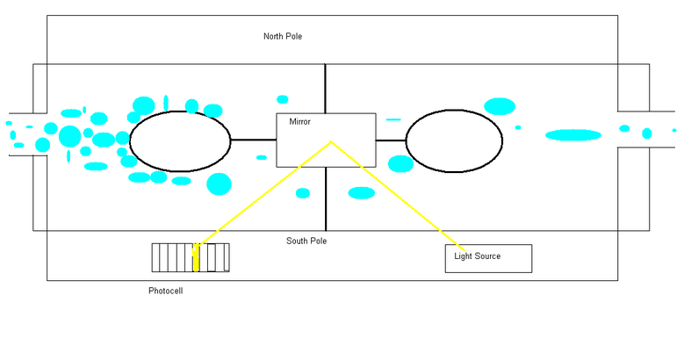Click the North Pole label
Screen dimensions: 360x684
pyautogui.click(x=283, y=36)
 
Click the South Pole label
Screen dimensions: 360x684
pyautogui.click(x=306, y=241)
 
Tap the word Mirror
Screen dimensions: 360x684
pyautogui.click(x=300, y=122)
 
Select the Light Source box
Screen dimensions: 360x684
pyautogui.click(x=488, y=258)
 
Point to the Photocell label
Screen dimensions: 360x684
pyautogui.click(x=166, y=291)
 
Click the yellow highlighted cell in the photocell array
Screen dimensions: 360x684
pyautogui.click(x=196, y=258)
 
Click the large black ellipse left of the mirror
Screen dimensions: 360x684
pyautogui.click(x=180, y=140)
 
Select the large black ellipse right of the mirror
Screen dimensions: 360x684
pyautogui.click(x=454, y=140)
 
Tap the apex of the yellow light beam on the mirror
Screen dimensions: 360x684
pyautogui.click(x=331, y=142)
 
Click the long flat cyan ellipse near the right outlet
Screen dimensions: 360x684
pyautogui.click(x=573, y=135)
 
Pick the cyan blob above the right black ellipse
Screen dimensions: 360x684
pyautogui.click(x=500, y=106)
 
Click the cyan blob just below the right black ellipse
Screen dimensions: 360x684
pyautogui.click(x=400, y=164)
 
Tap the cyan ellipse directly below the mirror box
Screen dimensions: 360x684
pyautogui.click(x=361, y=193)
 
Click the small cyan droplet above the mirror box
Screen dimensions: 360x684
pyautogui.click(x=282, y=99)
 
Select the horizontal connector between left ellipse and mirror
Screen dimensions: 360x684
pyautogui.click(x=254, y=140)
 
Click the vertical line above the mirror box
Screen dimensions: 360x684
pyautogui.click(x=326, y=88)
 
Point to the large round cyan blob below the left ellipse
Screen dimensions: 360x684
pyautogui.click(x=219, y=184)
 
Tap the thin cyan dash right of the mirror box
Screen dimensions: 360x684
pyautogui.click(x=392, y=119)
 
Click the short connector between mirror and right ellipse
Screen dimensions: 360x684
pyautogui.click(x=391, y=140)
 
